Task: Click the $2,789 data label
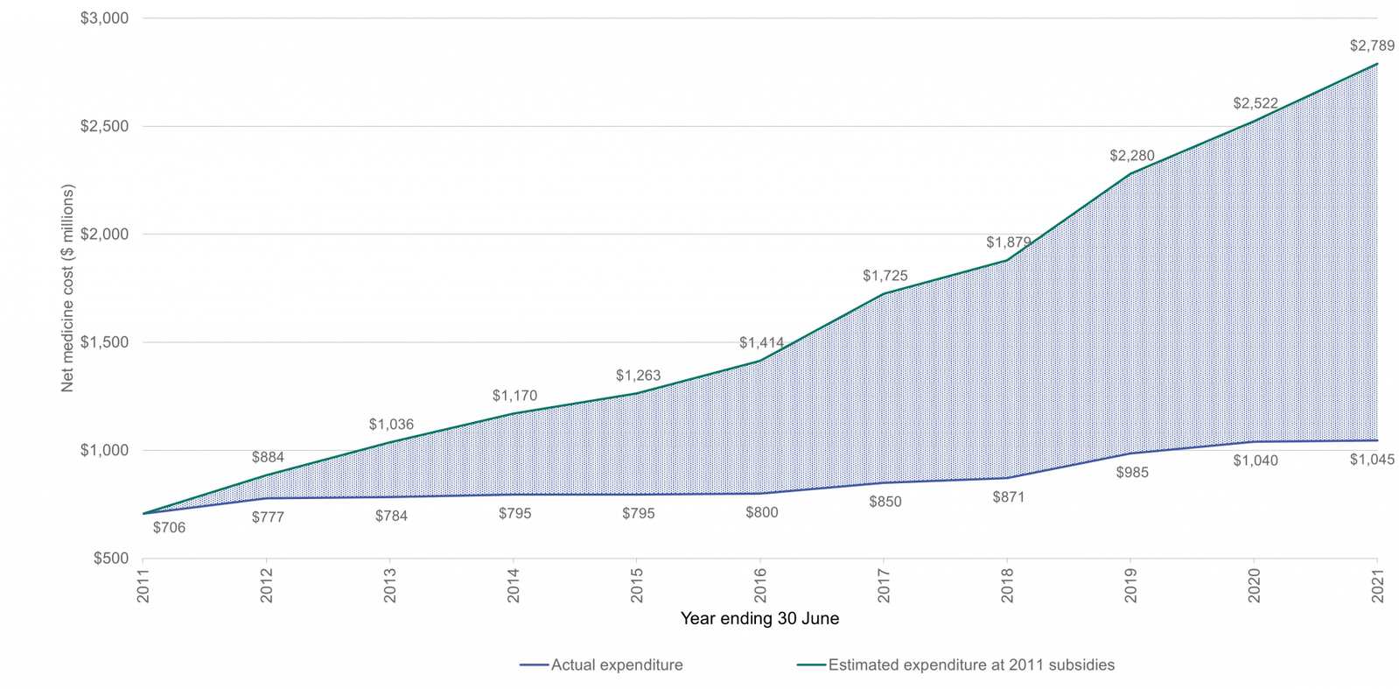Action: [1372, 46]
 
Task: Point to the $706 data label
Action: [169, 528]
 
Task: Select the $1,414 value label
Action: [761, 342]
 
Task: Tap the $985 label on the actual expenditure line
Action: [1132, 473]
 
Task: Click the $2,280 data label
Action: [1131, 156]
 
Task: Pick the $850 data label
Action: [885, 502]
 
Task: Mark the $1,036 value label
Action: [391, 425]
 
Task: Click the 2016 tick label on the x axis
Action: [760, 586]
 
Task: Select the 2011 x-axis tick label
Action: [143, 586]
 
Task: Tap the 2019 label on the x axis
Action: [1130, 586]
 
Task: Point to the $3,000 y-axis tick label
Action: [104, 18]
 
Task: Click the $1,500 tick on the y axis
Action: [104, 342]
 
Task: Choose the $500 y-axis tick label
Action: [111, 559]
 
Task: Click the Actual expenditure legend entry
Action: [601, 664]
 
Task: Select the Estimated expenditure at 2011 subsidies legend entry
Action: [956, 664]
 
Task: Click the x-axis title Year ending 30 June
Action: [759, 618]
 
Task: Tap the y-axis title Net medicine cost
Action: [67, 288]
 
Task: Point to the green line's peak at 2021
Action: [1377, 64]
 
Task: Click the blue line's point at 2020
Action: [1254, 441]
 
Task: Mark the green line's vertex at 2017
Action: [883, 294]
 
